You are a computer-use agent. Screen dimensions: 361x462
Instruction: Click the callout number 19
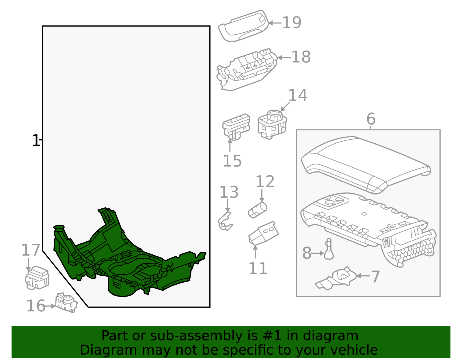(x=292, y=23)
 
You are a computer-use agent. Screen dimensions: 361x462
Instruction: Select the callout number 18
(x=301, y=57)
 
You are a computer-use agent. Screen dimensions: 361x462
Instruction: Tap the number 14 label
(x=297, y=95)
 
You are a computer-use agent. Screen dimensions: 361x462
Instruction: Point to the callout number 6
(x=371, y=119)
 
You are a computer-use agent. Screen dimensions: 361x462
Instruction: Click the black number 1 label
(x=35, y=141)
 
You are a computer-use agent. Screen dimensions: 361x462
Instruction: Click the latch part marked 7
(x=338, y=279)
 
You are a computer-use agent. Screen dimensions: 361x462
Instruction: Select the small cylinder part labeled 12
(x=258, y=210)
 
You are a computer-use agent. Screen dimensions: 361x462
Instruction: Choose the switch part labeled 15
(x=236, y=127)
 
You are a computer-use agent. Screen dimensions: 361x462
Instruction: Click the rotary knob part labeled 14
(x=272, y=124)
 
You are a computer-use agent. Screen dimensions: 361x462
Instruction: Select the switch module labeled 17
(x=37, y=278)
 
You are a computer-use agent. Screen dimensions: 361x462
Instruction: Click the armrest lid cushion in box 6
(x=365, y=163)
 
